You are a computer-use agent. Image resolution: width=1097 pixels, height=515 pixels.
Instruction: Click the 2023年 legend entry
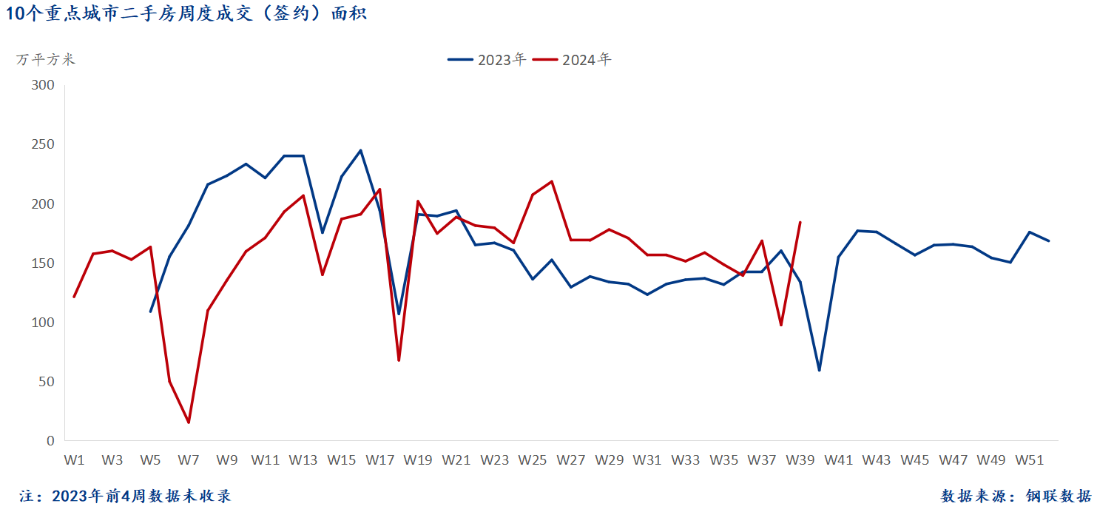pos(488,60)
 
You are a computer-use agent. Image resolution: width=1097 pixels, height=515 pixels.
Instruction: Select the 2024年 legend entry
pos(573,60)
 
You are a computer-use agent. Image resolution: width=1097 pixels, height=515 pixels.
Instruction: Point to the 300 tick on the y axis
pos(44,85)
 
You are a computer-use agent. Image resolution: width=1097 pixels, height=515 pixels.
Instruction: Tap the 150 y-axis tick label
pos(44,263)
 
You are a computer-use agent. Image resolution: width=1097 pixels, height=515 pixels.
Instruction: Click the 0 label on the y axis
pos(50,441)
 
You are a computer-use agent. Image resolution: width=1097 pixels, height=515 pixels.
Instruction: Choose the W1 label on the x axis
pos(74,460)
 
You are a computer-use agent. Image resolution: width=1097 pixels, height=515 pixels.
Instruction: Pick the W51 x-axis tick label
pos(1029,460)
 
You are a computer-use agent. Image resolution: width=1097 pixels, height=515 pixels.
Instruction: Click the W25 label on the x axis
pos(533,460)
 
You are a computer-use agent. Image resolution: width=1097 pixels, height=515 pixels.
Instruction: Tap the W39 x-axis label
pos(800,460)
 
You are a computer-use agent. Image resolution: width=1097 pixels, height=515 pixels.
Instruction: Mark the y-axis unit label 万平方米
pos(46,60)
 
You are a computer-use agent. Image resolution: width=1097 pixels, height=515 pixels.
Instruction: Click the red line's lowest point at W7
pos(189,423)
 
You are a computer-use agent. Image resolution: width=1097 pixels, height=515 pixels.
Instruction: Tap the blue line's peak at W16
pos(360,150)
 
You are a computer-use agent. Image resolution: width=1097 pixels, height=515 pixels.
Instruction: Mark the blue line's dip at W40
pos(819,370)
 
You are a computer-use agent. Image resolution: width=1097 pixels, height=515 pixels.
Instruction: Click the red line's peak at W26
pos(552,181)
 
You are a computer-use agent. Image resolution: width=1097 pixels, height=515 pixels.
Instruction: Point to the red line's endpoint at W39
pos(800,222)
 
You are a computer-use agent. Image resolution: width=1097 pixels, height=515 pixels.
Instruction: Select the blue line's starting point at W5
pos(151,312)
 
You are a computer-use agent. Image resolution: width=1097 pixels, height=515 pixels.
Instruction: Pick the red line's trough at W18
pos(399,360)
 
